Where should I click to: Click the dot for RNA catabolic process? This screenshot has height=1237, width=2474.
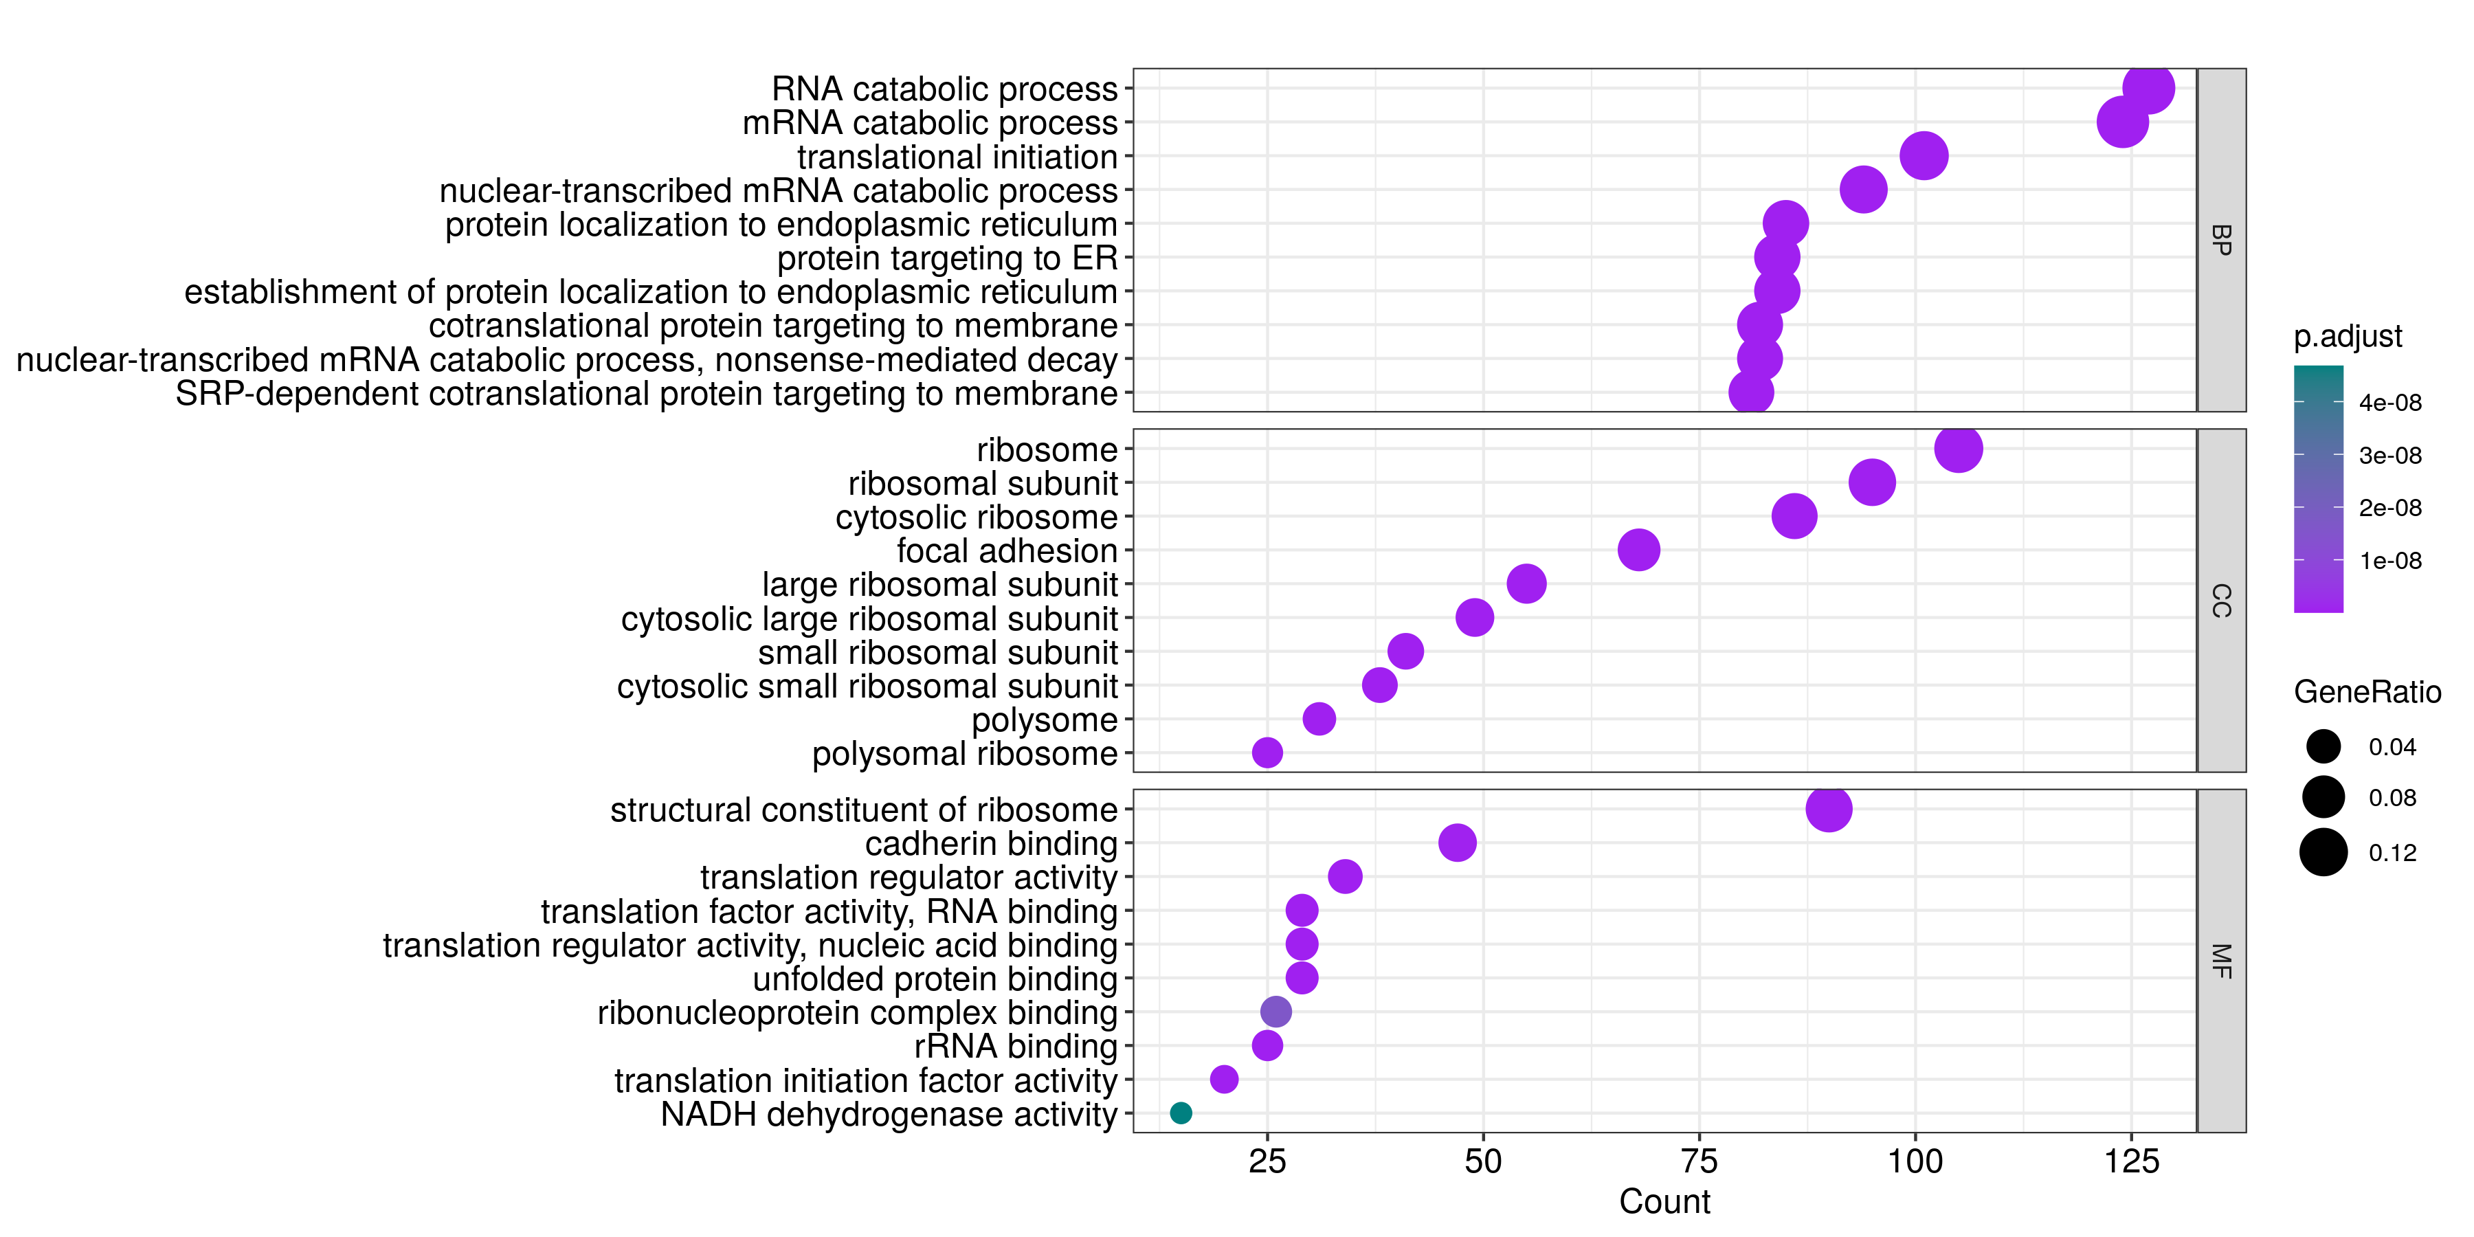[2148, 89]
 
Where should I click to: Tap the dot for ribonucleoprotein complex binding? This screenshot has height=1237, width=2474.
[1275, 1012]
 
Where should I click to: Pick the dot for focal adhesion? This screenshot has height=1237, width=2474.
[1638, 549]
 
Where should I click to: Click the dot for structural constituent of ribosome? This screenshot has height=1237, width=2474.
[1829, 809]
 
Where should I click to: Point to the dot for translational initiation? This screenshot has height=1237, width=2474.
[1924, 155]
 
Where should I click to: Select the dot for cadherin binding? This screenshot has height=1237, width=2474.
[1457, 843]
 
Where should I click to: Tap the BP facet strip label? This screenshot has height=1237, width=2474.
[2220, 239]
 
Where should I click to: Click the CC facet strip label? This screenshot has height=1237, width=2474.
[2220, 600]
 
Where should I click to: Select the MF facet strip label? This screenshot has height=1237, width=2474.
[2220, 961]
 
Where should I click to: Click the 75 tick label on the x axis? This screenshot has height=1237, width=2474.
[1699, 1161]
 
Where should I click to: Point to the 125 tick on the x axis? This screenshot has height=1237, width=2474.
[2131, 1161]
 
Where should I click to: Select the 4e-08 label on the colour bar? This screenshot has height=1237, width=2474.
[2389, 403]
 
